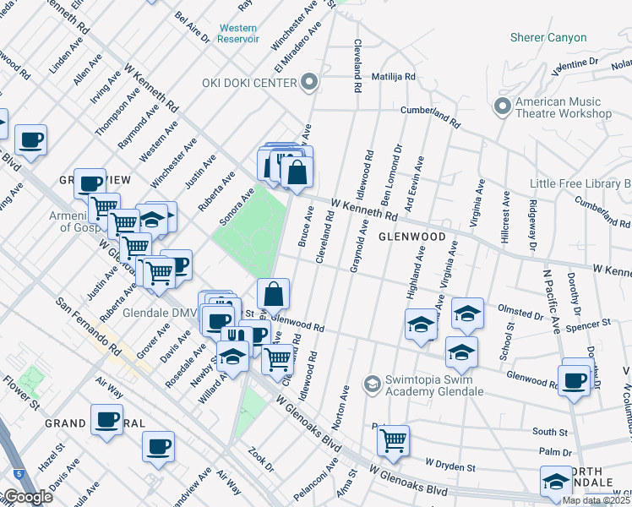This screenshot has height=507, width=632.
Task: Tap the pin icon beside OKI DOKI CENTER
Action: click(311, 82)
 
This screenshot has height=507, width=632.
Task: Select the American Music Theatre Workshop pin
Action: click(502, 106)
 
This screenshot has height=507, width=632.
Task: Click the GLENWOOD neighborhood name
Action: click(411, 237)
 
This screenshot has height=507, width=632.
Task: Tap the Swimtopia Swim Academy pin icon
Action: click(371, 384)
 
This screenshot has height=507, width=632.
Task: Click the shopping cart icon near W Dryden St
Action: click(393, 439)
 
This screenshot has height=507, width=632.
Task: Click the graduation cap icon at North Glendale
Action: click(556, 481)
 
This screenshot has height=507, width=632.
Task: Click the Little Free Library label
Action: click(580, 183)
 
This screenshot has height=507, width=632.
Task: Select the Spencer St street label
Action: click(589, 324)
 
